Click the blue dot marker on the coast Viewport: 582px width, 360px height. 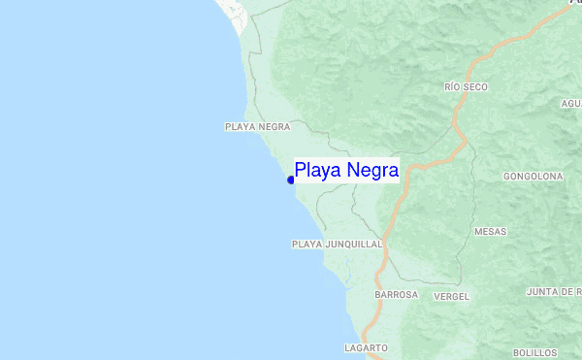click(x=291, y=180)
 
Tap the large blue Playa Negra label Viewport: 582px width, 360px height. click(x=346, y=171)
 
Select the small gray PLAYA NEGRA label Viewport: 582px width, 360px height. click(x=258, y=127)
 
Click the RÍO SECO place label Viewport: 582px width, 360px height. click(x=466, y=87)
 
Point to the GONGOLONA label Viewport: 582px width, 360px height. click(x=533, y=177)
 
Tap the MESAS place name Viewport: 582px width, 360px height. click(x=490, y=232)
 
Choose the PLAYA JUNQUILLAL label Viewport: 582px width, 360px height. click(x=337, y=245)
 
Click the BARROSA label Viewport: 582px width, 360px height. click(x=396, y=294)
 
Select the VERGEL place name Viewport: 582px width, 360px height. click(x=452, y=295)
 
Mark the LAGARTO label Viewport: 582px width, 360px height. click(x=366, y=347)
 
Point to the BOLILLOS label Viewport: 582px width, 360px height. click(x=534, y=352)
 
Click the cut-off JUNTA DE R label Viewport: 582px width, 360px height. click(x=553, y=292)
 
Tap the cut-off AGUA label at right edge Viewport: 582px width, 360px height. click(x=570, y=103)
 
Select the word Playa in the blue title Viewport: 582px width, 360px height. click(x=315, y=171)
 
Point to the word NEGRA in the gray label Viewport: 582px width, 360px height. click(x=274, y=127)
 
